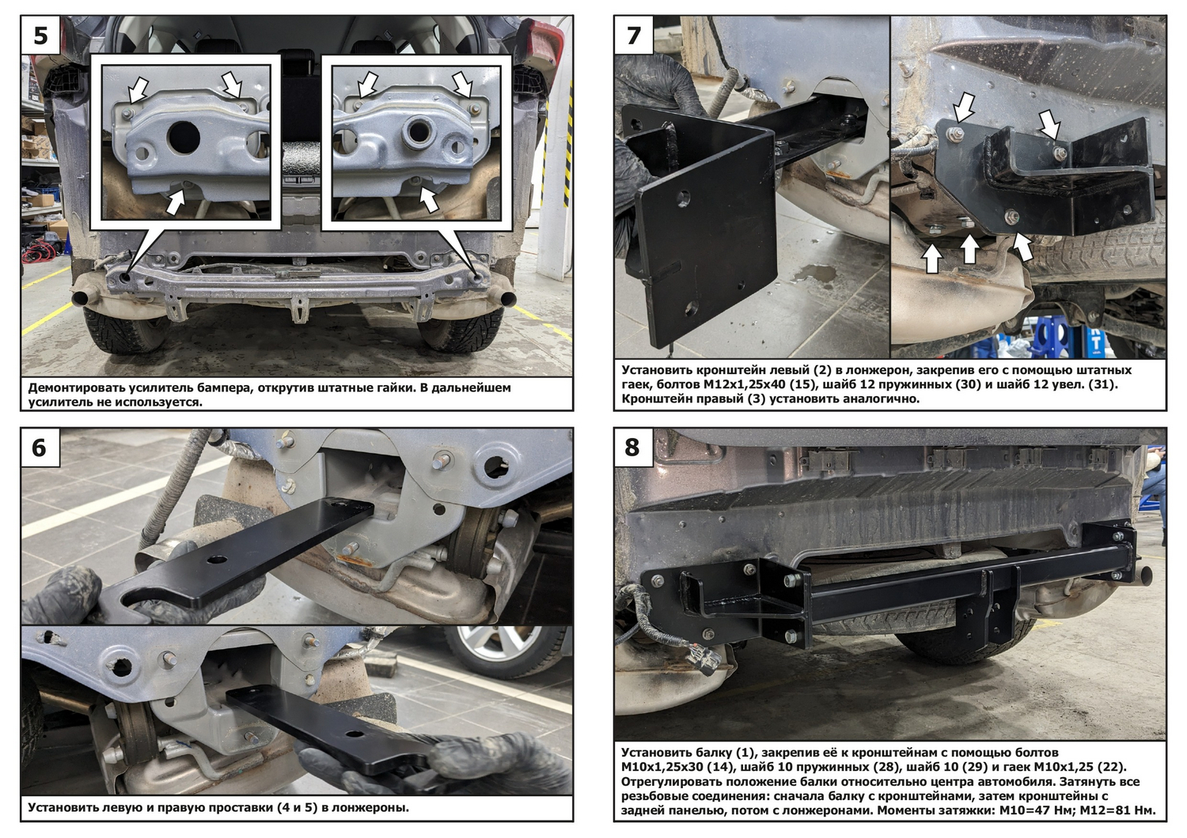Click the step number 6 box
pos(40,447)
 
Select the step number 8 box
pos(634,447)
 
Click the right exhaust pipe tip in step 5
pos(507,299)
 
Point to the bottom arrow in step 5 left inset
pos(176,202)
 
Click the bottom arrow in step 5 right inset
pos(428,199)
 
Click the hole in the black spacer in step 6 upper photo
pos(217,559)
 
